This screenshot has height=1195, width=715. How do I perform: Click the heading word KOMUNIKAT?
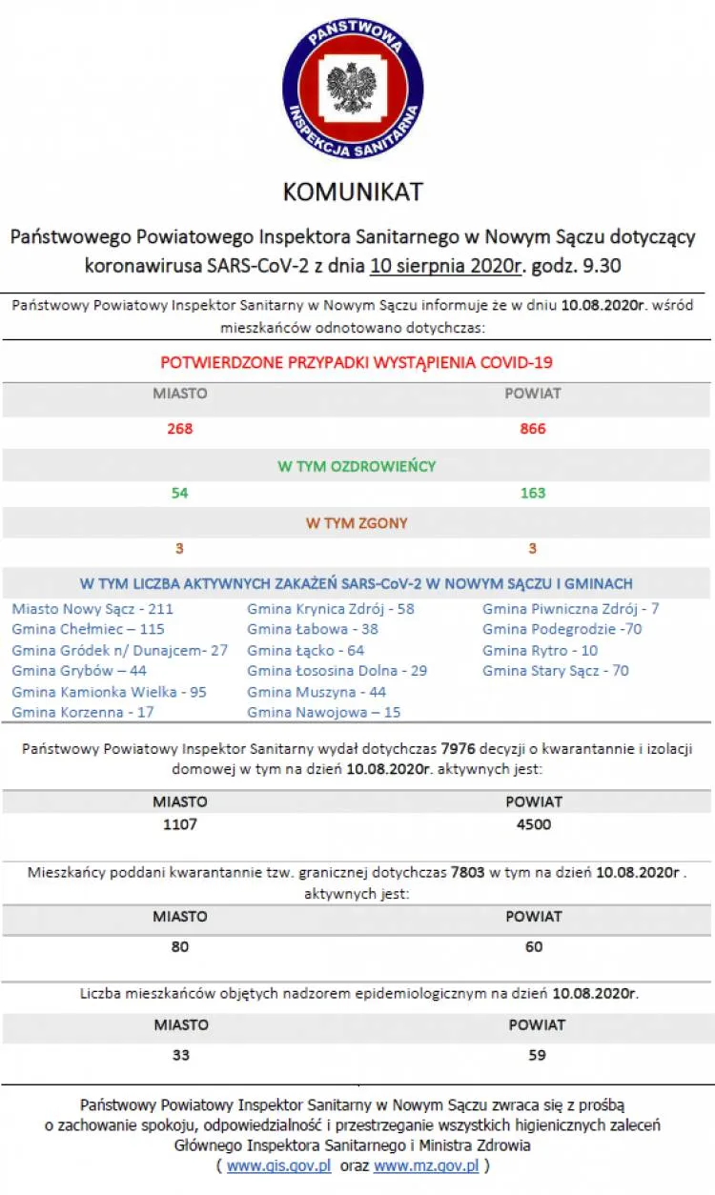[353, 192]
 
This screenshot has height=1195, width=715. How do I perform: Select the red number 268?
[179, 429]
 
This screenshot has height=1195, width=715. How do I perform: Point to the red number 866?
[533, 429]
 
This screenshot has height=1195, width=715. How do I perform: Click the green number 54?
[179, 493]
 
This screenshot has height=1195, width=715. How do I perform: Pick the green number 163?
[533, 493]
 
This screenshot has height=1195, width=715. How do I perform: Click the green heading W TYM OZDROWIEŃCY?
[357, 466]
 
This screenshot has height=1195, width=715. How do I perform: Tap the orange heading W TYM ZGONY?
[357, 523]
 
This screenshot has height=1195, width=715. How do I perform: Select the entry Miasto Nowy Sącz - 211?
[92, 608]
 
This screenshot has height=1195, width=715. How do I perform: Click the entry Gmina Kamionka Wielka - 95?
[109, 692]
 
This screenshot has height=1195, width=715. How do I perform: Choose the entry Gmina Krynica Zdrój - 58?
[330, 608]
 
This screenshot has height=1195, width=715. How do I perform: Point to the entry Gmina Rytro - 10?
[540, 650]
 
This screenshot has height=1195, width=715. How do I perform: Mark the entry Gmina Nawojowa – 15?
[323, 712]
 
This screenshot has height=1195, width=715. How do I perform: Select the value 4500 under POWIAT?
[533, 824]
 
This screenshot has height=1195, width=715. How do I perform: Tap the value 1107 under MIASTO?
[179, 824]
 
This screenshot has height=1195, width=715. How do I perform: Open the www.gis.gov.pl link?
[278, 1165]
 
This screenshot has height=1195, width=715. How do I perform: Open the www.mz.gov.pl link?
[426, 1165]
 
